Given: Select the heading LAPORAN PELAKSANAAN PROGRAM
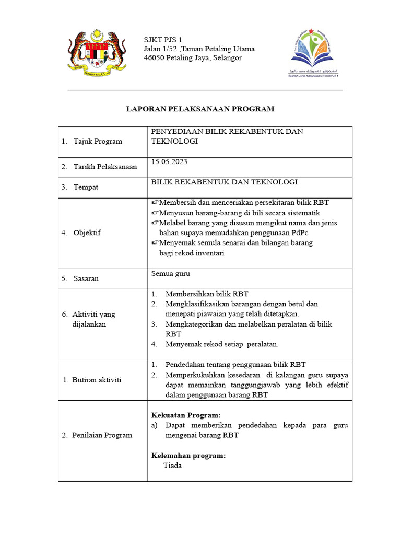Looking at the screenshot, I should (200, 109).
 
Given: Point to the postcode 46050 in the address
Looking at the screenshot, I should (155, 58).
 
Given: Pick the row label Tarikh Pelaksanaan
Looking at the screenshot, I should (105, 167).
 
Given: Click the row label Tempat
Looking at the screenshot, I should (86, 187).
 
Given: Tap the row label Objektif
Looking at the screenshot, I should (87, 232).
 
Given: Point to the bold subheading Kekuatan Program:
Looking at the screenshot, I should (182, 415).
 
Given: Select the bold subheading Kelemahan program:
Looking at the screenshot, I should (188, 456).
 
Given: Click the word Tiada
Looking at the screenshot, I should (172, 466).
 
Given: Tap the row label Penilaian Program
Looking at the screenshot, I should (102, 435).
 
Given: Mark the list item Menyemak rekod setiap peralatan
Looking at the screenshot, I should (222, 344).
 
